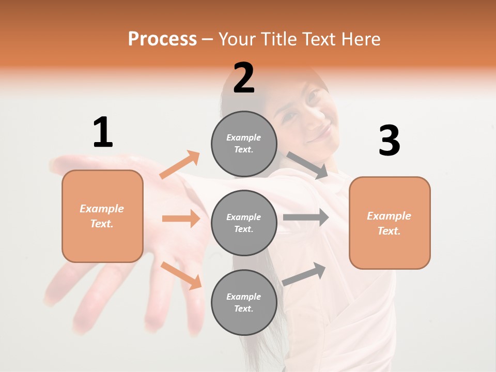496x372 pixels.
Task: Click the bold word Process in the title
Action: (162, 39)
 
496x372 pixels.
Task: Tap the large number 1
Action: (103, 132)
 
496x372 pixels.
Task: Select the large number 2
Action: (244, 78)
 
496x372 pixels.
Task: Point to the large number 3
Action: (390, 141)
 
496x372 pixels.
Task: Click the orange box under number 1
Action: (102, 216)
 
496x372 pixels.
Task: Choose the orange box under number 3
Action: (390, 223)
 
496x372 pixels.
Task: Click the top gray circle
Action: (244, 143)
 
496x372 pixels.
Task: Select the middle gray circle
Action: (244, 223)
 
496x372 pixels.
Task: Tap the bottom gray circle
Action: (244, 302)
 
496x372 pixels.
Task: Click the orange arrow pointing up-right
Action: (180, 164)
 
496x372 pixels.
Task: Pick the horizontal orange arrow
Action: (181, 219)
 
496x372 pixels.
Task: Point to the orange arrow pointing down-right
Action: (181, 275)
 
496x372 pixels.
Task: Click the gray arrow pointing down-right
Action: (307, 165)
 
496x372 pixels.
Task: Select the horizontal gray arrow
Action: (306, 218)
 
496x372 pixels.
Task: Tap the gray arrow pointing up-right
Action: (304, 274)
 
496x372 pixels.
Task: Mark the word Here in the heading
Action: (360, 39)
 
